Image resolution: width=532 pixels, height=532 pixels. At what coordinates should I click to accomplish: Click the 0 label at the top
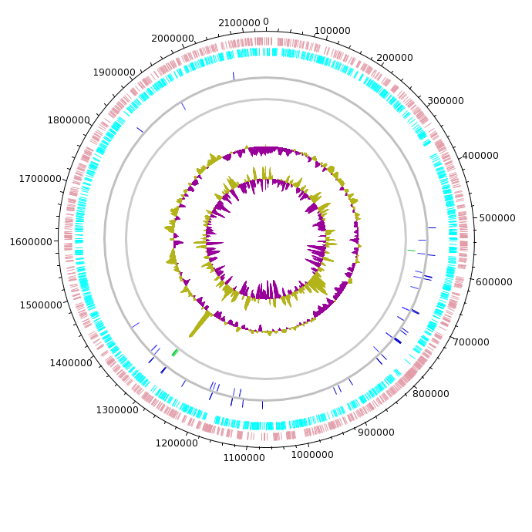pyautogui.click(x=266, y=22)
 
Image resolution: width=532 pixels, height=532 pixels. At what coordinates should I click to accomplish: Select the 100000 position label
pyautogui.click(x=332, y=31)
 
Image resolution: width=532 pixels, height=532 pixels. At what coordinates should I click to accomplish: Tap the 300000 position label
pyautogui.click(x=446, y=101)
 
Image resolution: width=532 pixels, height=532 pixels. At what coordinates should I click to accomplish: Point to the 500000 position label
pyautogui.click(x=497, y=218)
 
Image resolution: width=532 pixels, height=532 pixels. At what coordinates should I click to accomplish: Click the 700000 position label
pyautogui.click(x=471, y=342)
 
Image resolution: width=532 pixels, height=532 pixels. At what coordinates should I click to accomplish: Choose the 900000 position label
pyautogui.click(x=376, y=433)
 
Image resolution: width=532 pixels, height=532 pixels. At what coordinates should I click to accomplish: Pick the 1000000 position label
pyautogui.click(x=312, y=455)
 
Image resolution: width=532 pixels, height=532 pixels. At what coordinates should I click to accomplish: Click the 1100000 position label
pyautogui.click(x=244, y=458)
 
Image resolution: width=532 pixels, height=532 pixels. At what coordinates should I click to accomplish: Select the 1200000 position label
pyautogui.click(x=177, y=443)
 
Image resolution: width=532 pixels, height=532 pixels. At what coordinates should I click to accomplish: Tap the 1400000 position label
pyautogui.click(x=71, y=363)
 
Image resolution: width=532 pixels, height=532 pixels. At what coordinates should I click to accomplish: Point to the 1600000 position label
pyautogui.click(x=31, y=242)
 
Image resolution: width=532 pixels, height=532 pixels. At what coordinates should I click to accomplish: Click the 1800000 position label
pyautogui.click(x=69, y=120)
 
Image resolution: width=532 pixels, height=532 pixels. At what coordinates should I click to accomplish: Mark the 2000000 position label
pyautogui.click(x=173, y=39)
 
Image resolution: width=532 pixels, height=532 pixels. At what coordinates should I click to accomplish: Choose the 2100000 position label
pyautogui.click(x=239, y=23)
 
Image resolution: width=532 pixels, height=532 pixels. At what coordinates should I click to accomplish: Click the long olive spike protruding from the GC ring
pyautogui.click(x=200, y=325)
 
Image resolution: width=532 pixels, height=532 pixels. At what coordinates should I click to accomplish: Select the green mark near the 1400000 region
pyautogui.click(x=175, y=353)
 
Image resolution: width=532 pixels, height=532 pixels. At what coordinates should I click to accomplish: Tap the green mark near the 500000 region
pyautogui.click(x=411, y=251)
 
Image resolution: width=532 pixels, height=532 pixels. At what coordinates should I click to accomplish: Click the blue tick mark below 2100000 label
pyautogui.click(x=234, y=76)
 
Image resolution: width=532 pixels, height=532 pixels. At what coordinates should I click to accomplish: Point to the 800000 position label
pyautogui.click(x=430, y=393)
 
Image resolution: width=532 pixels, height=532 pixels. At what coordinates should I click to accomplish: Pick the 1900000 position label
pyautogui.click(x=114, y=72)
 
